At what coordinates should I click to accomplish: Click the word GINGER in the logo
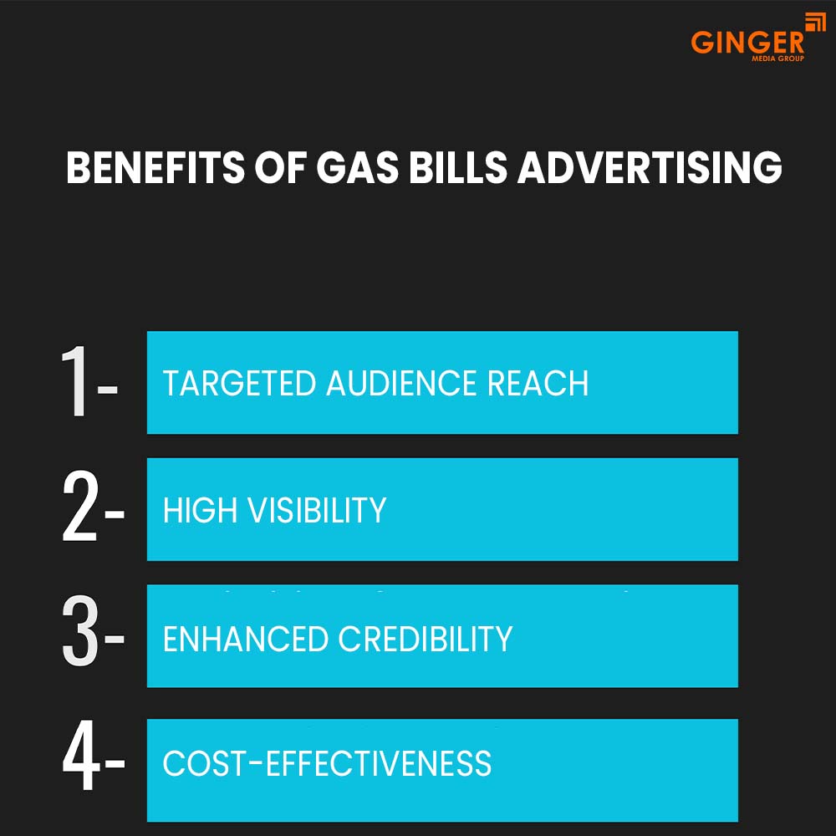tap(747, 42)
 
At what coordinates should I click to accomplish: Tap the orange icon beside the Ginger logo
tap(814, 23)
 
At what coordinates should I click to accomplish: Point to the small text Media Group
tap(778, 59)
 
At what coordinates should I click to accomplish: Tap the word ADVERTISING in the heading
tap(650, 168)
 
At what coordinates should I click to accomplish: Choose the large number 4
tap(81, 762)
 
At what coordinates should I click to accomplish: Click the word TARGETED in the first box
tap(239, 384)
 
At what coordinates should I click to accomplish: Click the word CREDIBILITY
tap(426, 640)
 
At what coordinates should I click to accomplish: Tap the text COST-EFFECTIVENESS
tap(327, 764)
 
